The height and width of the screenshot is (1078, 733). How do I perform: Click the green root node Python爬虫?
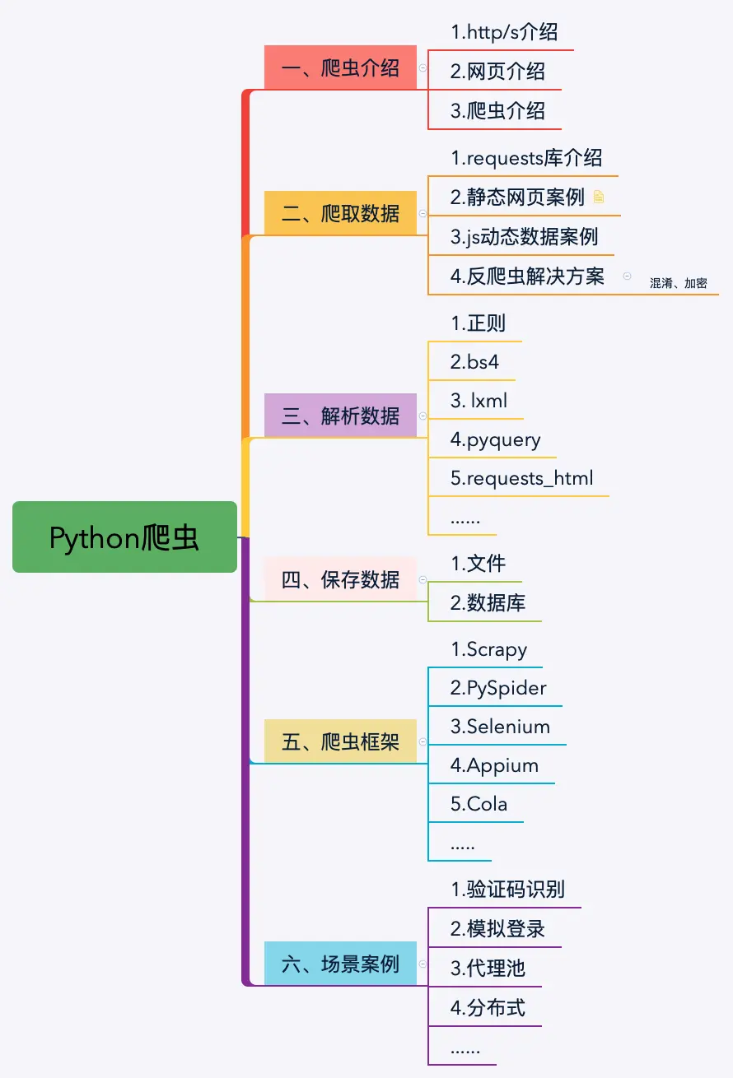click(x=124, y=537)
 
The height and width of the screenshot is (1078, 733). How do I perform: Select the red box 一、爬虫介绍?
click(x=340, y=67)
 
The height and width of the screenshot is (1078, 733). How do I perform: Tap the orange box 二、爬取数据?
click(x=340, y=213)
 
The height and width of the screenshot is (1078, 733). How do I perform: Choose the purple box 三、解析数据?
click(x=340, y=415)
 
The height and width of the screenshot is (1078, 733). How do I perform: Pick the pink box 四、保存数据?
click(x=340, y=579)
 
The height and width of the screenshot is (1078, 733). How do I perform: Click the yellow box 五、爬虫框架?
click(x=340, y=741)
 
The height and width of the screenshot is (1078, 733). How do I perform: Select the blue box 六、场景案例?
click(x=340, y=964)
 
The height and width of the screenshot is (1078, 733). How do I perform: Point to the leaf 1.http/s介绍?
click(x=504, y=33)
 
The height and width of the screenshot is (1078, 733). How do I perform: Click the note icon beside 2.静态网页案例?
click(x=599, y=197)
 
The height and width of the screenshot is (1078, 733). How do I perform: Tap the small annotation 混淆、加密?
click(x=678, y=283)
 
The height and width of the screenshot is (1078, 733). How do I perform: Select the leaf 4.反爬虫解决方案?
click(x=527, y=276)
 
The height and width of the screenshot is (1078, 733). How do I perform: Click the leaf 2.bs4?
click(x=474, y=361)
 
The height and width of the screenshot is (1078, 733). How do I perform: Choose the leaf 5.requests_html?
click(x=521, y=478)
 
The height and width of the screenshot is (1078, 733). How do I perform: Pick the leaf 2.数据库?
click(x=488, y=603)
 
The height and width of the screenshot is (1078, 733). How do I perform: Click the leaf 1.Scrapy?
click(x=488, y=649)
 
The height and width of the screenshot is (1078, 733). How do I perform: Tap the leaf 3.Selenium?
click(x=500, y=727)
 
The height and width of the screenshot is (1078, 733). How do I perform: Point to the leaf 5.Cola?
click(x=479, y=804)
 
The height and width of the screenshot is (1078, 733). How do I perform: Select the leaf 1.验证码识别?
click(x=507, y=890)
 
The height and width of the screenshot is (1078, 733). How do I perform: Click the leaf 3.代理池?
click(x=488, y=968)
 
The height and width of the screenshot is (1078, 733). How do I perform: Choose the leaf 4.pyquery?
click(x=495, y=439)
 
